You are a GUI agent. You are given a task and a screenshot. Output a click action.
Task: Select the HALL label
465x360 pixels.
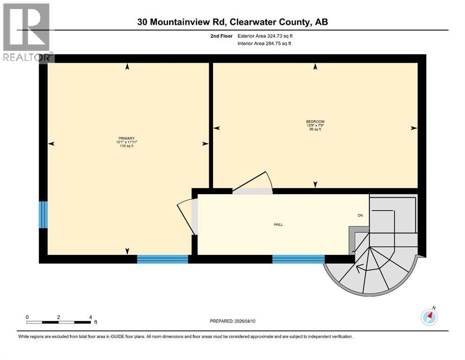(x=278, y=225)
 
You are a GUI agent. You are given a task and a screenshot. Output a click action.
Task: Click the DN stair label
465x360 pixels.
(x=360, y=216)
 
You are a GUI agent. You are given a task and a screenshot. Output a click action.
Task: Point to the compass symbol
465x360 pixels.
(x=429, y=317)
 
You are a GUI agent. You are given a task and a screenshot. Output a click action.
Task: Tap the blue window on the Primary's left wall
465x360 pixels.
(x=43, y=215)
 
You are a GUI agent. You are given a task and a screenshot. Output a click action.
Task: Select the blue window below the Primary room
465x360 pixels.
(x=162, y=259)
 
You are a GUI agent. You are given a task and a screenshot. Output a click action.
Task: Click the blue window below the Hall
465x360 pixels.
(x=298, y=259)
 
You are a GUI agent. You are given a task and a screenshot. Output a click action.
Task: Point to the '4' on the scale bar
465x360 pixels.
(x=90, y=317)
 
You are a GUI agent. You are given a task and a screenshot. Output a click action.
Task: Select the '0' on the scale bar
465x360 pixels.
(x=28, y=317)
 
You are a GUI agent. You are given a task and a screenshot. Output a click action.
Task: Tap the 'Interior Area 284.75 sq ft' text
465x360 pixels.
(x=264, y=44)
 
